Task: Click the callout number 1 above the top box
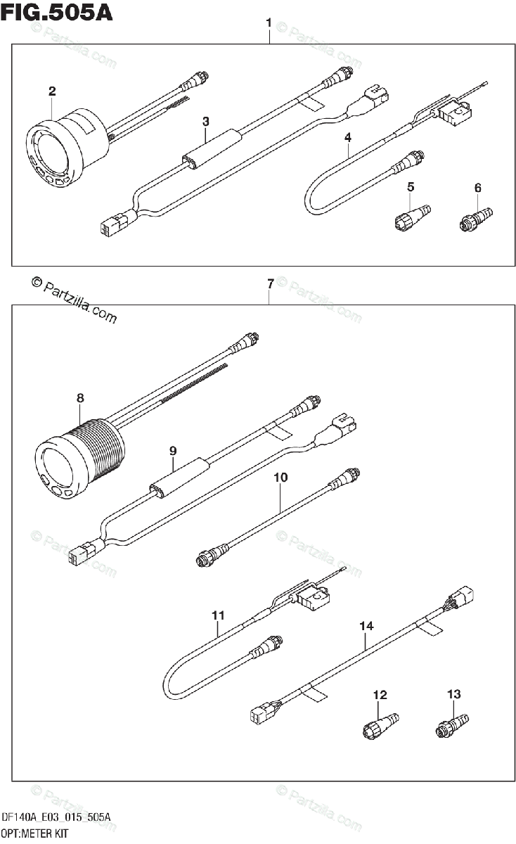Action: (269, 24)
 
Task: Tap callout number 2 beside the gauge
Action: (52, 91)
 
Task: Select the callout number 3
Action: (205, 122)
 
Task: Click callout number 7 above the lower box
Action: (270, 284)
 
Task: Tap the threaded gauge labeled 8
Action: (77, 457)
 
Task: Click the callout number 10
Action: (280, 478)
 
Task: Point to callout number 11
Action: (219, 615)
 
